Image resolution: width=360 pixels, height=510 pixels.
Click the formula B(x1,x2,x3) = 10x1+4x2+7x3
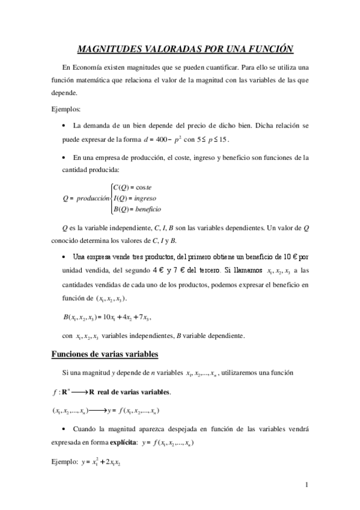(x=106, y=316)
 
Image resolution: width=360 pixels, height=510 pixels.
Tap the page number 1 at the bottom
(x=307, y=485)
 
